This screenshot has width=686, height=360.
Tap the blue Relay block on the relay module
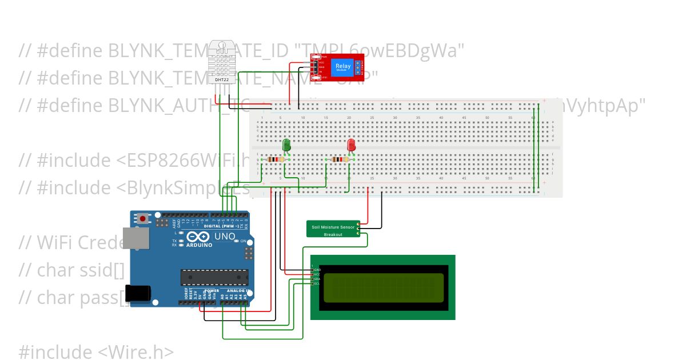(x=343, y=67)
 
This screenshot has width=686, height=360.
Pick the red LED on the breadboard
(x=352, y=145)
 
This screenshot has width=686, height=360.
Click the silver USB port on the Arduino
(x=139, y=238)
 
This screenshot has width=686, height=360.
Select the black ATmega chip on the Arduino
(x=215, y=277)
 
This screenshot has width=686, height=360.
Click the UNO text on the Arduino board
(x=225, y=237)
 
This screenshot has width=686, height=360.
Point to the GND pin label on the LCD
(x=317, y=269)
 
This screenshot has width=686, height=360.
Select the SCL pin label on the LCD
(x=317, y=283)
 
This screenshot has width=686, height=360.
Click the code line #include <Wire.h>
(x=96, y=351)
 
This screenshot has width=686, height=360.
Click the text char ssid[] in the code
(x=80, y=270)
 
